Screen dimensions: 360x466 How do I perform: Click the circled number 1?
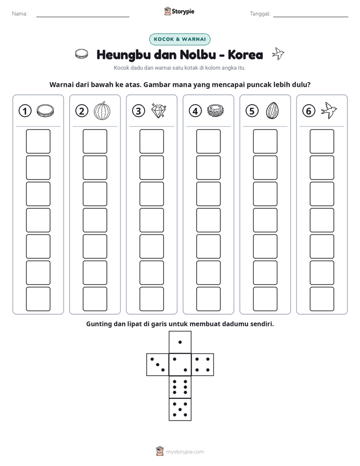pos(25,111)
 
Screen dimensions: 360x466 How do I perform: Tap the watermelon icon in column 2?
pos(102,111)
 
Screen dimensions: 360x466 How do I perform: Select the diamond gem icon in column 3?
pos(159,110)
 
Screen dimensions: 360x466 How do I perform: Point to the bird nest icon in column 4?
pos(215,111)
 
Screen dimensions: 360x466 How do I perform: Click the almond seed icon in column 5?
pos(272,110)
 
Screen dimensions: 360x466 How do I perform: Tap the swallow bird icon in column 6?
pos(329,110)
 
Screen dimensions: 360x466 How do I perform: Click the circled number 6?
pos(309,111)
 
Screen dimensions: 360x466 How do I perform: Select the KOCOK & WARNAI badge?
pos(179,39)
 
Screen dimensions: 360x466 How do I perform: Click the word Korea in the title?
pos(246,54)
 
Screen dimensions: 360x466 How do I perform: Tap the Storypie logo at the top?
pos(179,12)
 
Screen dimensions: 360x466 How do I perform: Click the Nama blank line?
pos(83,17)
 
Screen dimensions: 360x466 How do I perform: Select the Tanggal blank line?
pos(311,17)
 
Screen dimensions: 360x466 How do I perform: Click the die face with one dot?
pos(180,342)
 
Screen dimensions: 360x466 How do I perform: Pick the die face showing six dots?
pos(180,387)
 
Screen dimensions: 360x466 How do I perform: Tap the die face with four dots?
pos(203,365)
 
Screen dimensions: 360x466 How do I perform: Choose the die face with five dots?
pos(180,410)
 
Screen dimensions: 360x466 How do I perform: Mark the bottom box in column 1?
pos(38,299)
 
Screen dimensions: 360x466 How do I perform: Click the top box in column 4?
pos(208,141)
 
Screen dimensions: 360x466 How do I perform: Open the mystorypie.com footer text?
pos(185,452)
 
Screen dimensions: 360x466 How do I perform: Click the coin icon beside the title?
pos(81,54)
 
